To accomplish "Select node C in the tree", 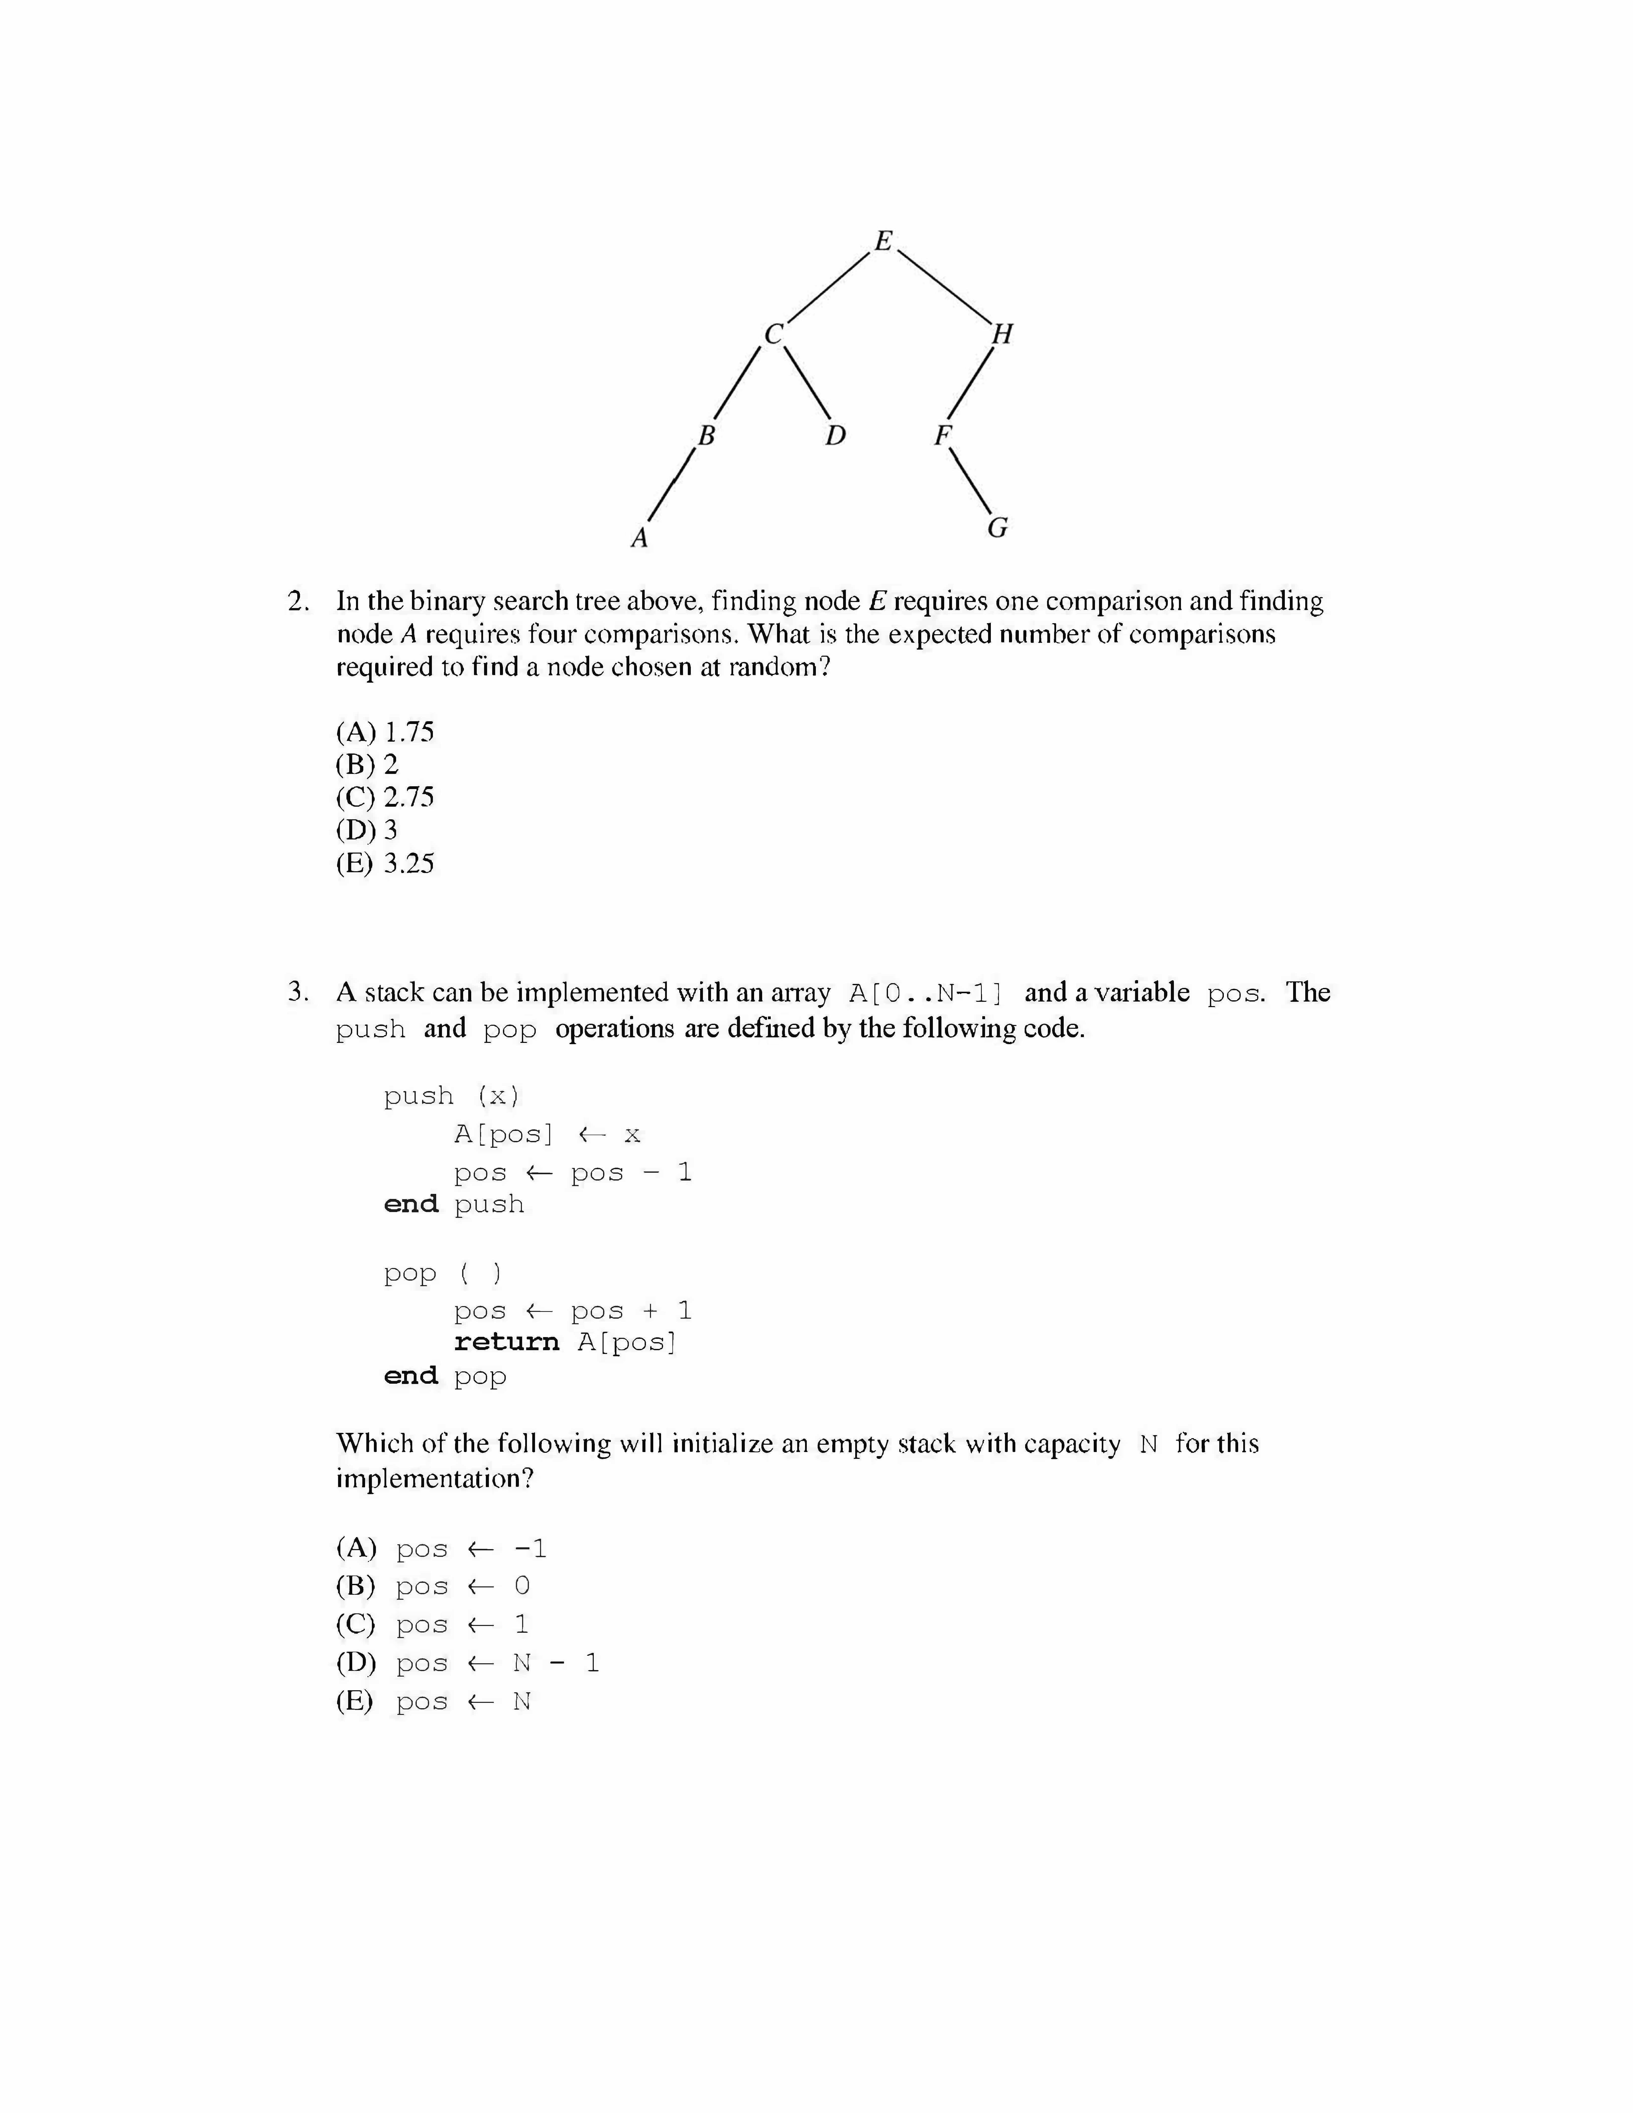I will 773,335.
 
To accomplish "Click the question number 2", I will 299,602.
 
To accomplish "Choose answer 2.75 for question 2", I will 385,797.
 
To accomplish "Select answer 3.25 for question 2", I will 385,863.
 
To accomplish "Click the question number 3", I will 299,993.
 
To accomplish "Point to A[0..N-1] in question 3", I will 926,994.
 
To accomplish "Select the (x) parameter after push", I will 498,1096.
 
